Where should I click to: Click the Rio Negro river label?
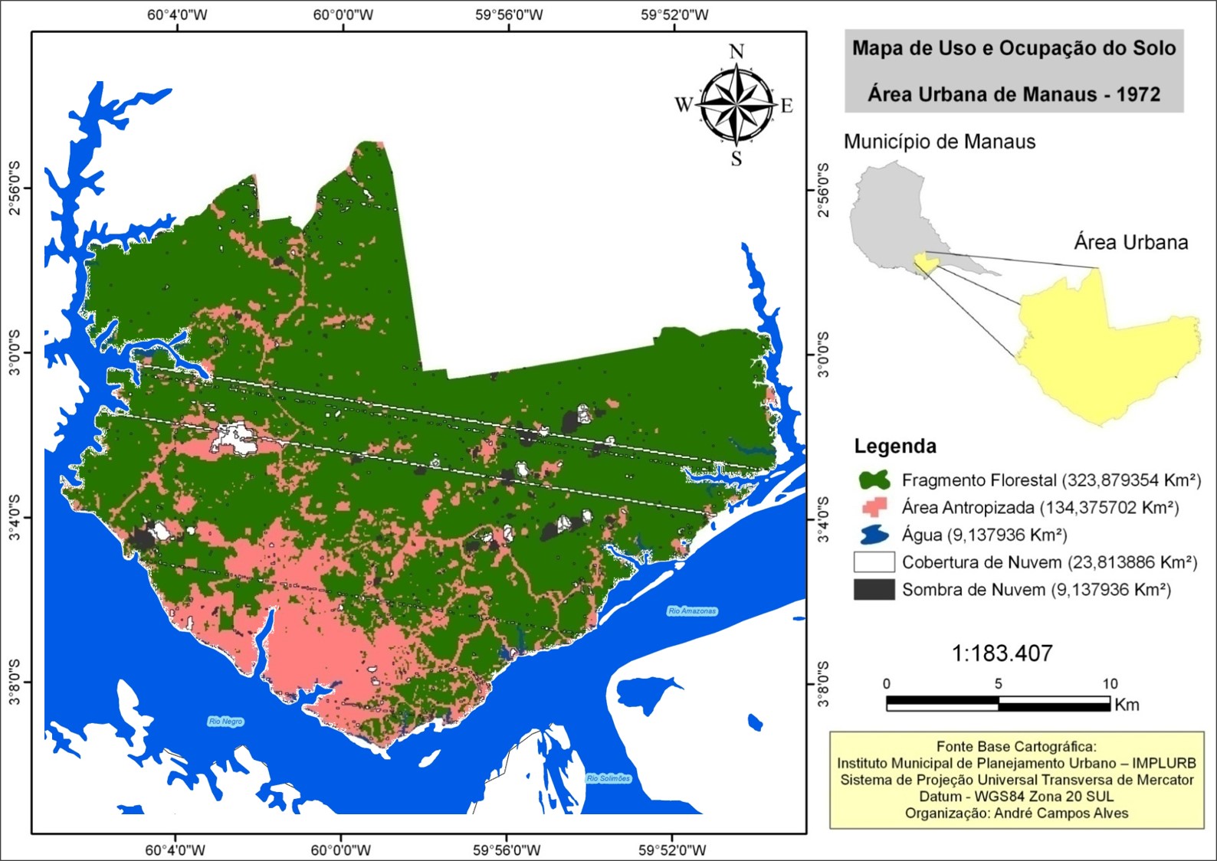[x=226, y=722]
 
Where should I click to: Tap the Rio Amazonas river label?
[x=692, y=611]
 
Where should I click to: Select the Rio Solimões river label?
[x=608, y=778]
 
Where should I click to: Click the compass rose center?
[x=736, y=105]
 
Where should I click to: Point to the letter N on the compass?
[x=736, y=52]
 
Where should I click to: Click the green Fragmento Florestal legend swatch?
[x=874, y=480]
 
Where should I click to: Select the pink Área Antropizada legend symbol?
[x=874, y=507]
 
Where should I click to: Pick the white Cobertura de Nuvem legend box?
[x=874, y=562]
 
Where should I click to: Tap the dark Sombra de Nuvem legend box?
[x=874, y=590]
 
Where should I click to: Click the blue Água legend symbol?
[x=874, y=535]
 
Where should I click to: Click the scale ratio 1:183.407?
[x=1002, y=653]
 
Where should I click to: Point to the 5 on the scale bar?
[x=998, y=684]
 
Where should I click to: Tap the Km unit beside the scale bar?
[x=1127, y=705]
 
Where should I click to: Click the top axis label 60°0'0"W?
[x=343, y=15]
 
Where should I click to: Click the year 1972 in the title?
[x=1138, y=95]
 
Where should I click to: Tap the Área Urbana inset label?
[x=1130, y=243]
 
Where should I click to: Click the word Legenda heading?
[x=895, y=447]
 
